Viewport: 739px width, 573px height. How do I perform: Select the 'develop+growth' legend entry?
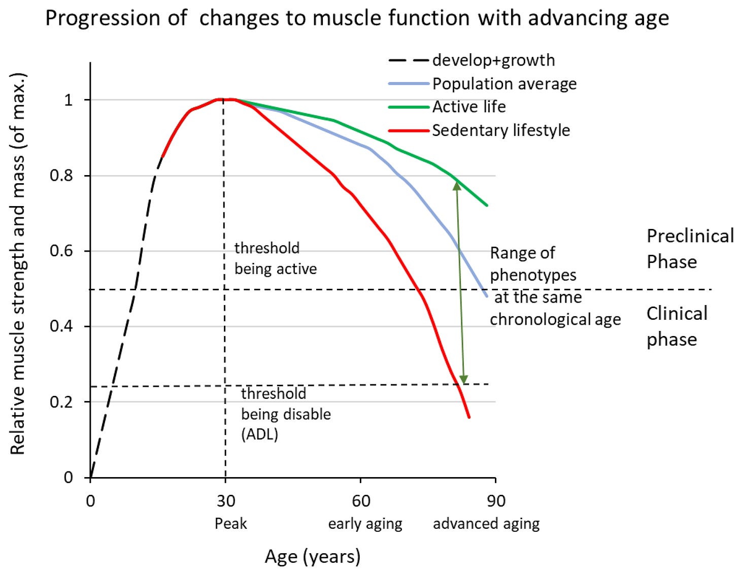click(x=493, y=60)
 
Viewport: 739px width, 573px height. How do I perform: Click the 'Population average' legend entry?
click(x=504, y=84)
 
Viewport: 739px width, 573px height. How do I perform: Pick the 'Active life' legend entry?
click(x=468, y=107)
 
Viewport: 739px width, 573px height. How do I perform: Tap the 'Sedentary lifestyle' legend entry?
click(x=500, y=130)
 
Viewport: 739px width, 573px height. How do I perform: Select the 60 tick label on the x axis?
click(x=361, y=501)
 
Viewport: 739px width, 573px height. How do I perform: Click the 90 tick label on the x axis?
click(x=496, y=501)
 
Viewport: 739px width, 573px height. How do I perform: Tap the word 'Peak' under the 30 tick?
click(x=230, y=523)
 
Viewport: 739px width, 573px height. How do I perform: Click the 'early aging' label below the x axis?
click(x=365, y=524)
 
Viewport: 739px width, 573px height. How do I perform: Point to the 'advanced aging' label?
click(x=486, y=524)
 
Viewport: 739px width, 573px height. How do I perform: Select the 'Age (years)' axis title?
click(x=313, y=557)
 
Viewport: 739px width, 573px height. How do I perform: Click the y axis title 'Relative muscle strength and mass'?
click(x=18, y=264)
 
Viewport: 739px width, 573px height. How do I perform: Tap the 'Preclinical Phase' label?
click(x=689, y=249)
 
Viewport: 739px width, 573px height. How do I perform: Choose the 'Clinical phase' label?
click(x=676, y=326)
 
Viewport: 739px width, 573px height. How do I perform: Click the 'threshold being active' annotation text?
click(x=275, y=258)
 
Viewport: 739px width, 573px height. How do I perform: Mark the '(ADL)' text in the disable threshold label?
click(x=259, y=434)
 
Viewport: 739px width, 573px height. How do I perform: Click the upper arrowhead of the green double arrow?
click(x=457, y=185)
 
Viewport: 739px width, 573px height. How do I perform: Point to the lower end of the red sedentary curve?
click(x=468, y=417)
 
